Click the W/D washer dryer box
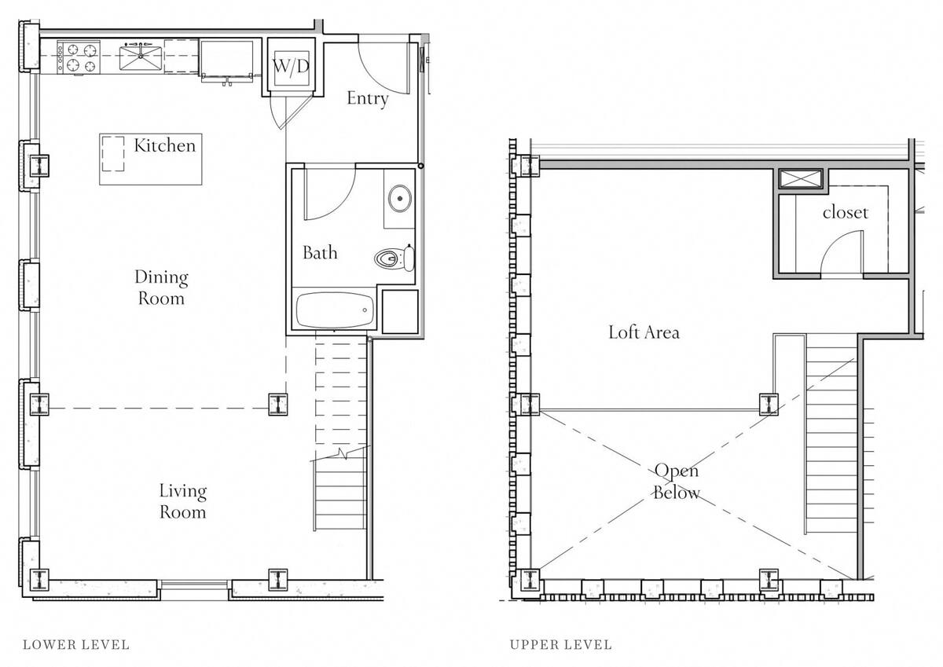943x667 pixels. point(291,67)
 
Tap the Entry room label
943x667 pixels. point(368,98)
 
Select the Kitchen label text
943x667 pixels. point(164,145)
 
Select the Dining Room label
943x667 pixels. point(161,288)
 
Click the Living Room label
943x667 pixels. point(183,501)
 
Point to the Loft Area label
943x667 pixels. point(644,332)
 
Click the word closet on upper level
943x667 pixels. point(846,212)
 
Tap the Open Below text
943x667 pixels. point(677,481)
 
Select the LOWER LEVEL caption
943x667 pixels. point(76,645)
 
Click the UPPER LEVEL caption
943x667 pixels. point(560,645)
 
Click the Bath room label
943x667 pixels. point(320,253)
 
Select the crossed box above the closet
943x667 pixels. point(800,179)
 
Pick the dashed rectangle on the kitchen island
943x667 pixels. point(115,154)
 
